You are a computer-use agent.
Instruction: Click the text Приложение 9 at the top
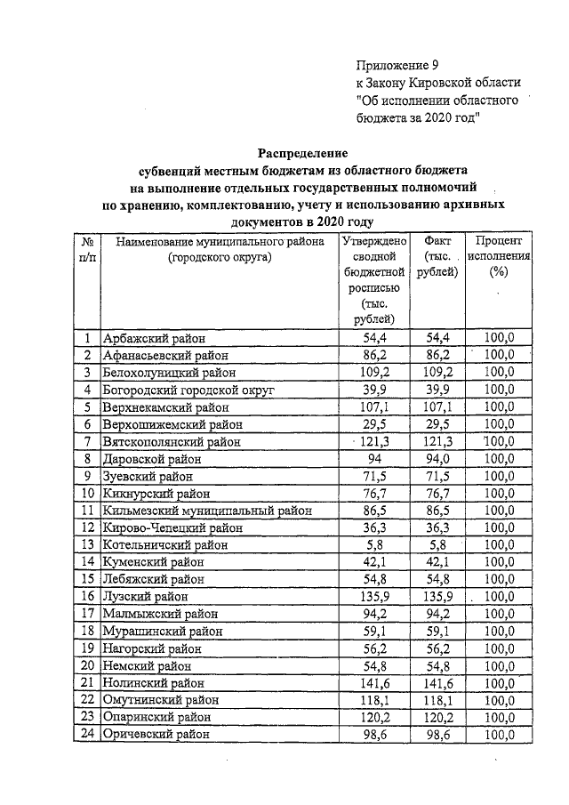(x=397, y=65)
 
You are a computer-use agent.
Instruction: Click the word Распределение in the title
(x=303, y=152)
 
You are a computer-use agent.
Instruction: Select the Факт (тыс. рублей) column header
(x=437, y=256)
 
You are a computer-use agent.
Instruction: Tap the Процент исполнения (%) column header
(x=498, y=256)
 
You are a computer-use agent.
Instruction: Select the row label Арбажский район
(x=153, y=338)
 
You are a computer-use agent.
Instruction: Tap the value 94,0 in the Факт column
(x=437, y=459)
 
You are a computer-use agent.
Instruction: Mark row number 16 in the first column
(x=87, y=597)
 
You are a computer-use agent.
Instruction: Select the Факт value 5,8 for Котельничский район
(x=437, y=545)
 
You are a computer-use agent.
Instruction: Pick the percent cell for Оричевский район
(x=498, y=735)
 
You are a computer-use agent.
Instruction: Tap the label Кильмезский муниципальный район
(x=207, y=511)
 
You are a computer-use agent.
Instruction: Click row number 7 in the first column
(x=87, y=442)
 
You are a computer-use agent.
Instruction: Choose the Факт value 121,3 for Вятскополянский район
(x=437, y=442)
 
